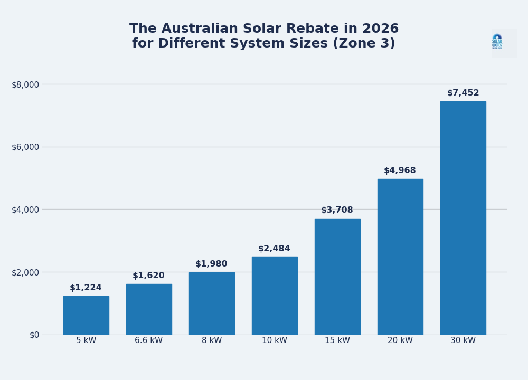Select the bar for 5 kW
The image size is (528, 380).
click(x=86, y=315)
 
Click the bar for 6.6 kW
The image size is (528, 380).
click(x=149, y=309)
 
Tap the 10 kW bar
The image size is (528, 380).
click(x=275, y=296)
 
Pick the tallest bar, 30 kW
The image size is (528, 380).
click(x=463, y=217)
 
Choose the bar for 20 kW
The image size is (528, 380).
click(x=400, y=256)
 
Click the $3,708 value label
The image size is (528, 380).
click(x=337, y=210)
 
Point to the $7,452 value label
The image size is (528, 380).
click(x=463, y=93)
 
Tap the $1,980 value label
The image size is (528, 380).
click(x=211, y=264)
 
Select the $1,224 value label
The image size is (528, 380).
click(x=86, y=288)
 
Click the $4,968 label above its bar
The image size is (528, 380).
click(x=400, y=170)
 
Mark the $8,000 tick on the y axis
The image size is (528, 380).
click(x=25, y=84)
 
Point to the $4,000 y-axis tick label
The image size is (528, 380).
click(x=25, y=210)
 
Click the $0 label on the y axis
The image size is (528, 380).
click(x=34, y=335)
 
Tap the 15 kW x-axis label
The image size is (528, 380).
click(x=337, y=340)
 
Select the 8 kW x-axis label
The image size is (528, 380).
click(x=212, y=340)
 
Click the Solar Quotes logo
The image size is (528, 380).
click(x=497, y=42)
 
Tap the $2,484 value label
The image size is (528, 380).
click(x=274, y=249)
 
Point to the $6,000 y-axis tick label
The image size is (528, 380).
click(x=25, y=147)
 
